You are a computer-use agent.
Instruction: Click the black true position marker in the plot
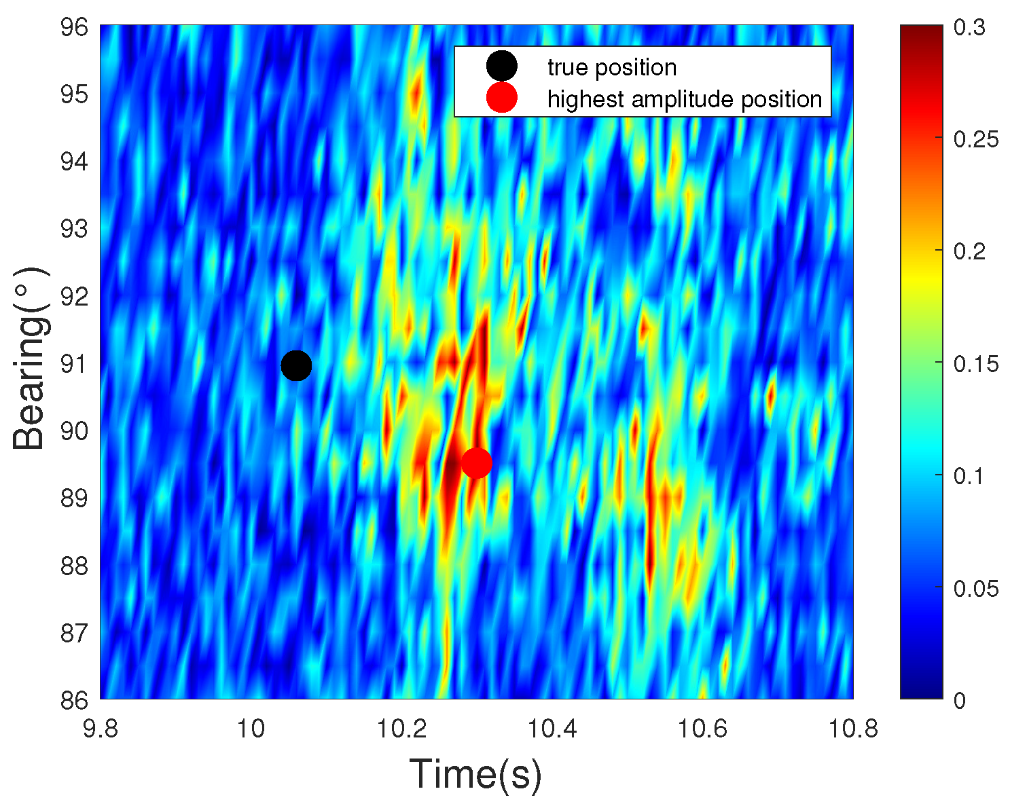(296, 366)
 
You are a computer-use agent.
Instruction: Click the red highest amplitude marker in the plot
(476, 463)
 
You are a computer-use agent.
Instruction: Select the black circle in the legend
(501, 66)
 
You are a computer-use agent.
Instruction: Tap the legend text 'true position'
(612, 67)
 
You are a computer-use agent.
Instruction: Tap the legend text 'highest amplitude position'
(685, 99)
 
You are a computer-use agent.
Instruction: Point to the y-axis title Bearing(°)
(31, 359)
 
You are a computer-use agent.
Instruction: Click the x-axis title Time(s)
(475, 774)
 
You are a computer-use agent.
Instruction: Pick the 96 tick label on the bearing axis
(74, 27)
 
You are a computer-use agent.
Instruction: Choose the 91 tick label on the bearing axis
(74, 364)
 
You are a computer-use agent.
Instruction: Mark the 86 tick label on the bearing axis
(74, 700)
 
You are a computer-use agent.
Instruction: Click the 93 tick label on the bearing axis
(74, 229)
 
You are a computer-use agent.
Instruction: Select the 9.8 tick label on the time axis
(100, 729)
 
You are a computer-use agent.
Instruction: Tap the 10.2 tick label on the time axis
(401, 729)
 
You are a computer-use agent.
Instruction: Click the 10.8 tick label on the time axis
(852, 729)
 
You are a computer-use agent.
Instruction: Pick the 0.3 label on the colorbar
(969, 26)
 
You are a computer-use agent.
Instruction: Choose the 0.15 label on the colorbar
(976, 364)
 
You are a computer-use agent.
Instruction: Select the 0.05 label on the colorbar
(976, 588)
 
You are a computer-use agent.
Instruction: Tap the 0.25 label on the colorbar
(976, 139)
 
